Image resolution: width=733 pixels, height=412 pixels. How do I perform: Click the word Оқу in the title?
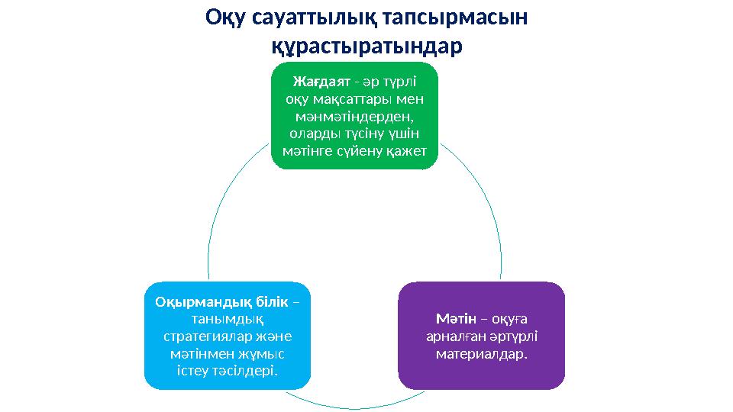click(x=226, y=17)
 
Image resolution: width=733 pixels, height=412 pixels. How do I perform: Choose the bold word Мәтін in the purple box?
click(x=456, y=318)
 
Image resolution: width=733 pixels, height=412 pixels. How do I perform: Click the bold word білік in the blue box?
click(x=270, y=301)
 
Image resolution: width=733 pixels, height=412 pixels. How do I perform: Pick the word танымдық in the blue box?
click(x=228, y=319)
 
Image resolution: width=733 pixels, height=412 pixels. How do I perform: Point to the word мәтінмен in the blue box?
click(x=204, y=354)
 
